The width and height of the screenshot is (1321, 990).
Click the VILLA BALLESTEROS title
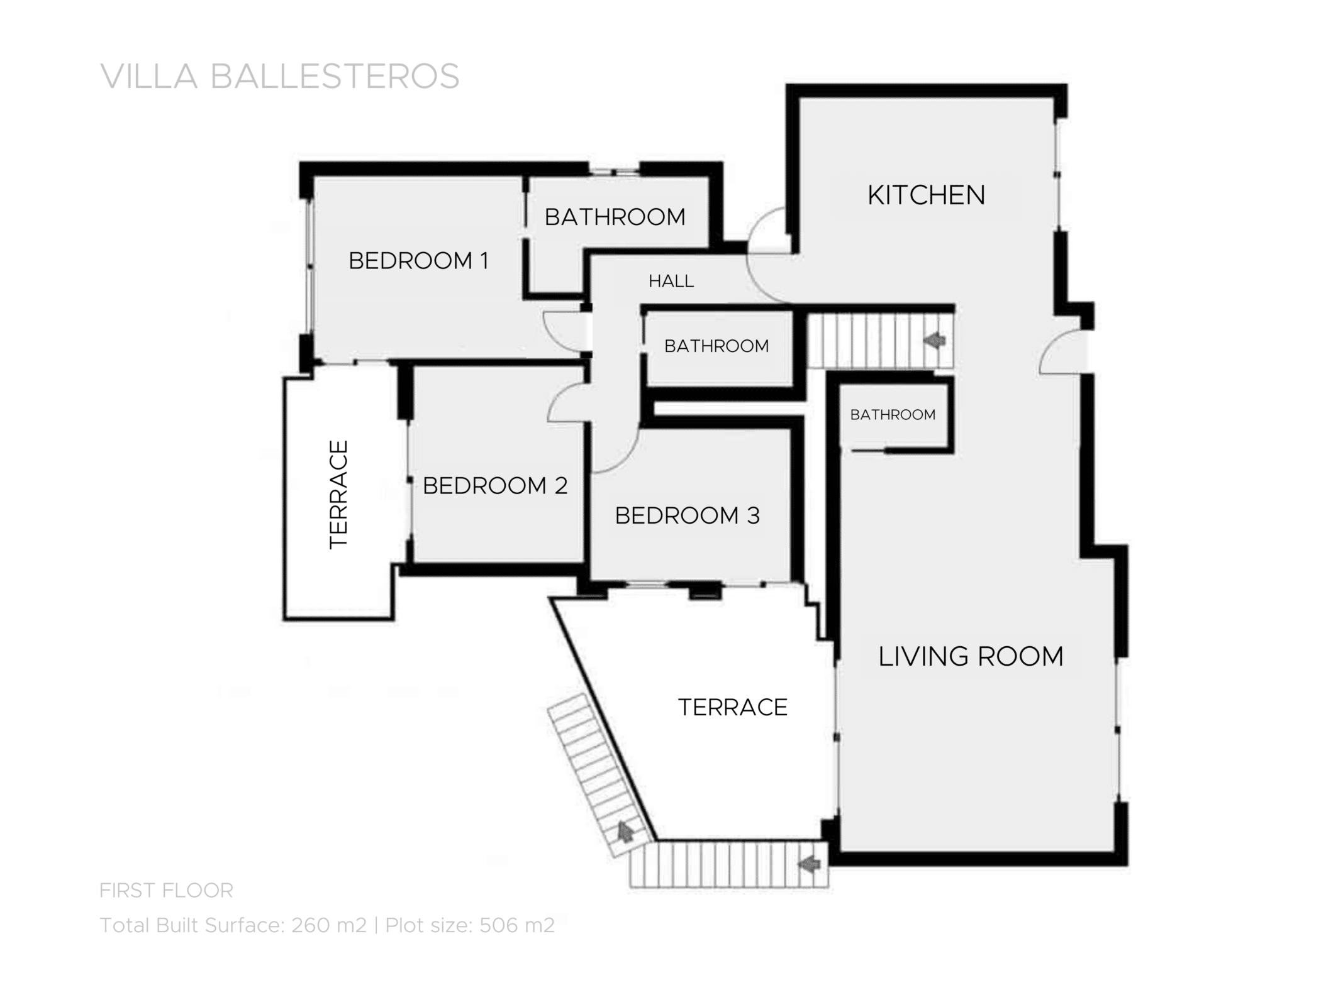click(x=280, y=77)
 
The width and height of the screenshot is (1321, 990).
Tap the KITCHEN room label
click(x=926, y=195)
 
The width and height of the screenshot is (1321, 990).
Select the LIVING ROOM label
click(x=971, y=657)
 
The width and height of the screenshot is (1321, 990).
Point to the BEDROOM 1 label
click(x=418, y=261)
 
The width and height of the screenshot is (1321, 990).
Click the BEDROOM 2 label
click(x=495, y=486)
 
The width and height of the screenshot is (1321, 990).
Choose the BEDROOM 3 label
click(x=687, y=516)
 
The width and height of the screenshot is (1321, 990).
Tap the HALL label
click(x=671, y=282)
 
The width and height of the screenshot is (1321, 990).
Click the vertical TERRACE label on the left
click(x=338, y=495)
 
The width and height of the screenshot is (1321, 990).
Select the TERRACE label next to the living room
click(x=732, y=708)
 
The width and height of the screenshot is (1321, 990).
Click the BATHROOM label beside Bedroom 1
click(x=615, y=217)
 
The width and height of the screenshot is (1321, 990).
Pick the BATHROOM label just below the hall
click(x=716, y=346)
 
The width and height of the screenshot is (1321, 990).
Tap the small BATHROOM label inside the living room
click(x=893, y=415)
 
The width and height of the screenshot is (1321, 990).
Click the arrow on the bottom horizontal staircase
click(x=810, y=866)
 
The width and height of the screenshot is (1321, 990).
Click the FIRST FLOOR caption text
click(x=166, y=891)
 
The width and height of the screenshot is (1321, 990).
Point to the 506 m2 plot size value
click(x=516, y=925)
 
